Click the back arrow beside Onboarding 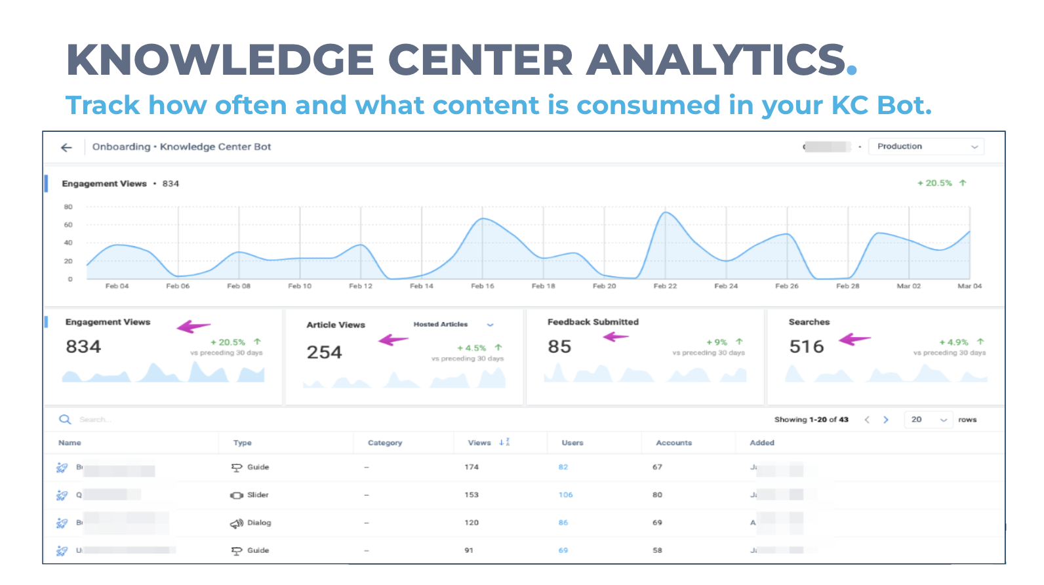[x=66, y=148]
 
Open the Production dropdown [x=927, y=147]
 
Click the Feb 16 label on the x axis [x=482, y=286]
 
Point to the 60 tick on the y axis [x=68, y=225]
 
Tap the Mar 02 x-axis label [x=908, y=286]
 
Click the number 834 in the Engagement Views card [x=83, y=346]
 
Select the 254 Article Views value [x=324, y=352]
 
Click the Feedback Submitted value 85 [x=559, y=346]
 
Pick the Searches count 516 [x=806, y=346]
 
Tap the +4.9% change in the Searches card [x=954, y=342]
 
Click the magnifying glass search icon [x=65, y=420]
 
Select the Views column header [x=479, y=443]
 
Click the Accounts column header [x=673, y=443]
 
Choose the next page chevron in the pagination [x=885, y=420]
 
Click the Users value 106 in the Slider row [x=565, y=495]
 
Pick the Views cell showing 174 [x=472, y=467]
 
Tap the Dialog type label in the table [x=259, y=523]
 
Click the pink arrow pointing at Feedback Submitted [x=616, y=337]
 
